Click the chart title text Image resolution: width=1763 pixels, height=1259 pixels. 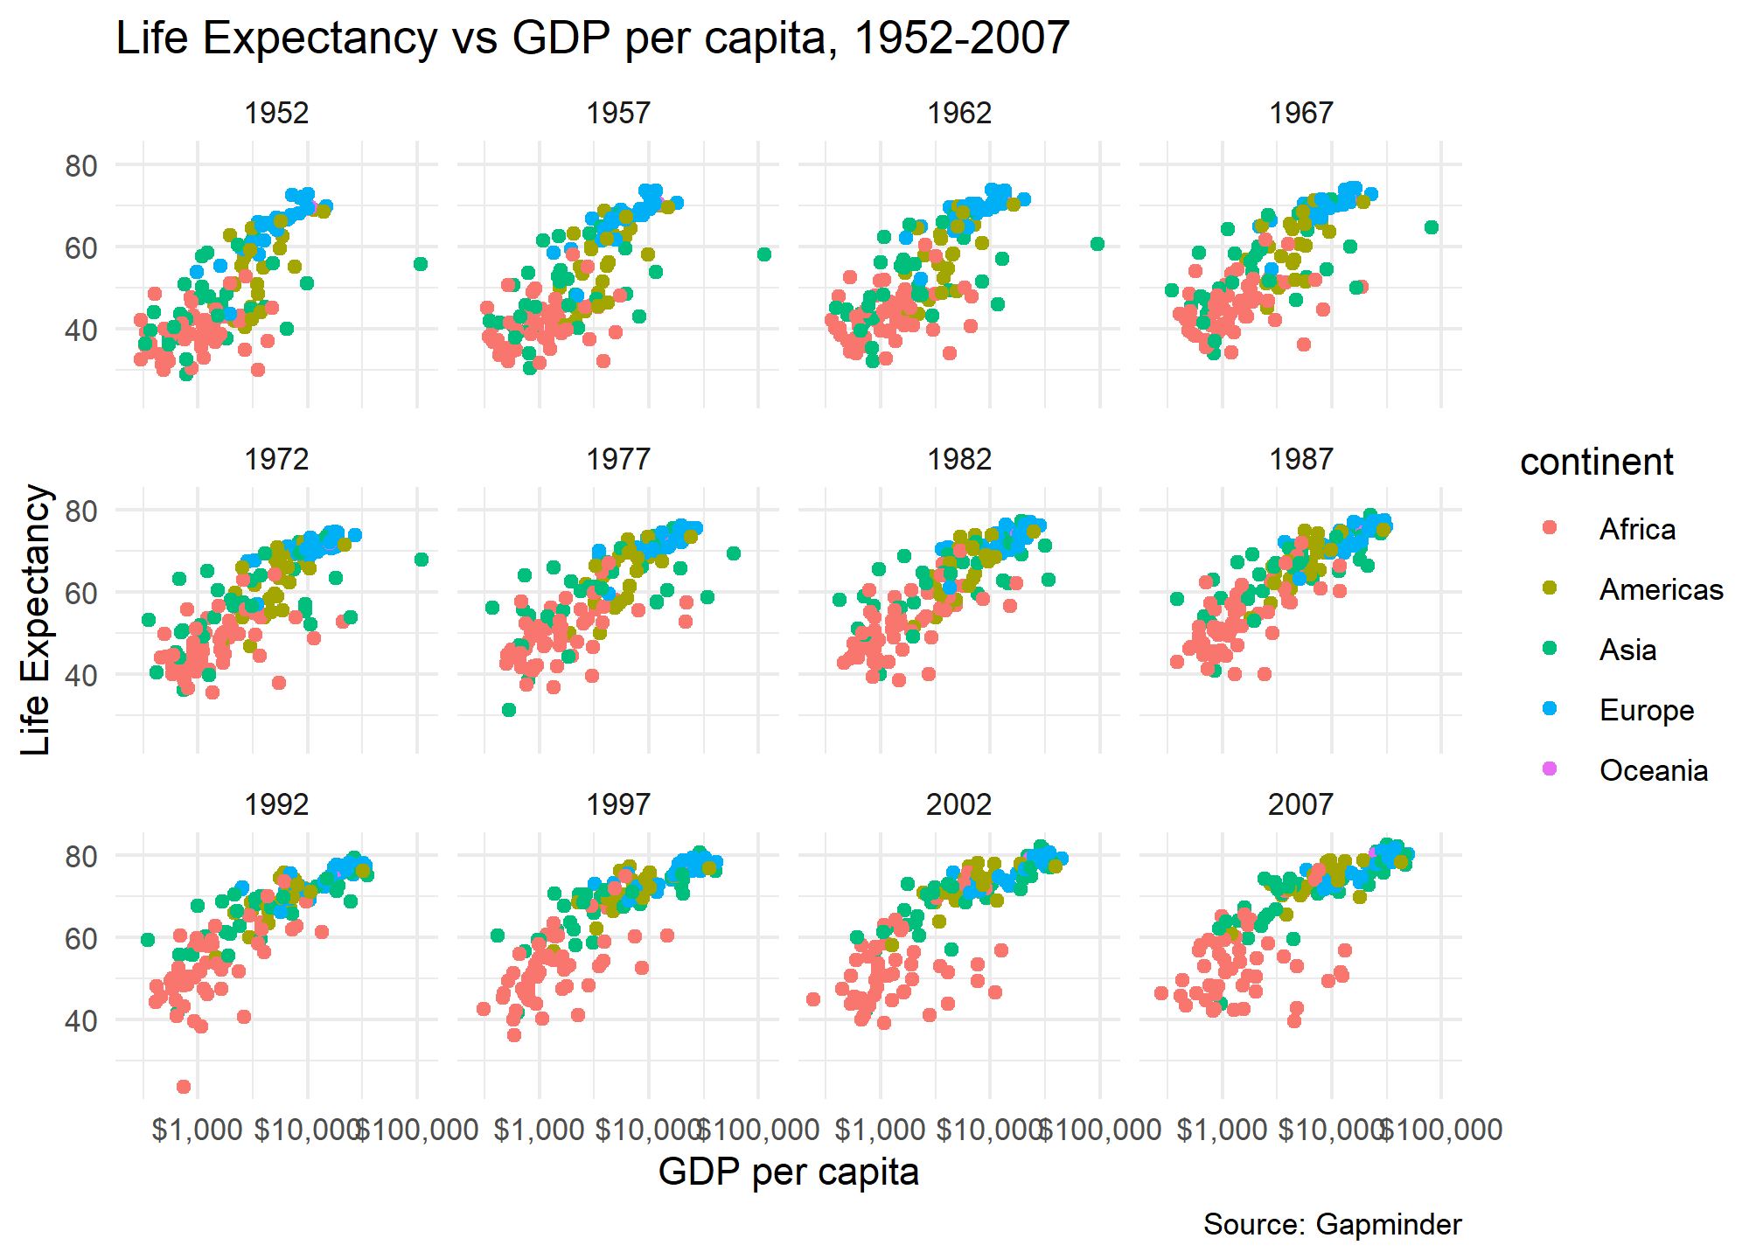592,38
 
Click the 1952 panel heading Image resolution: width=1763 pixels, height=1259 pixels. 276,114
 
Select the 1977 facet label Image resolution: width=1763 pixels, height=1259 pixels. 618,459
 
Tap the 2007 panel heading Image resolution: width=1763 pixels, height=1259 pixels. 1300,804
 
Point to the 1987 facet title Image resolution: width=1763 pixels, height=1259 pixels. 1300,459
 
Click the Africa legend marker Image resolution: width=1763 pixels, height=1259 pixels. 1550,528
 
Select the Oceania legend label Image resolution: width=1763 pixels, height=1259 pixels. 1653,770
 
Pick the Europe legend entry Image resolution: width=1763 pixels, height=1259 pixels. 1646,710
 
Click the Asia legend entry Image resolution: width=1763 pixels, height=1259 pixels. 1627,650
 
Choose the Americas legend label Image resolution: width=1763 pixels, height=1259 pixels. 1661,589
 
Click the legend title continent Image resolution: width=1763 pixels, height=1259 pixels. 1596,463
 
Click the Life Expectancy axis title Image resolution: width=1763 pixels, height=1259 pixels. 37,619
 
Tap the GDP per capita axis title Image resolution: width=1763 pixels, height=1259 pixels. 788,1172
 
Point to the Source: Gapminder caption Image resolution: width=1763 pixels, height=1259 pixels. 1332,1225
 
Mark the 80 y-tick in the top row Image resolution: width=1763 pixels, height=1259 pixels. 80,165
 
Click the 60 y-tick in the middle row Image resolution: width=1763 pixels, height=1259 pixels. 80,593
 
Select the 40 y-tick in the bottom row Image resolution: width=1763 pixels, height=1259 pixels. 80,1020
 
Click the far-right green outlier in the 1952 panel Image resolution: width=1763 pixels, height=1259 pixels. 421,264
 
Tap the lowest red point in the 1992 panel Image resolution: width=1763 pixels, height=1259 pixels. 184,1087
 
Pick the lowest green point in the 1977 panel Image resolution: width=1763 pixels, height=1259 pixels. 509,710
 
